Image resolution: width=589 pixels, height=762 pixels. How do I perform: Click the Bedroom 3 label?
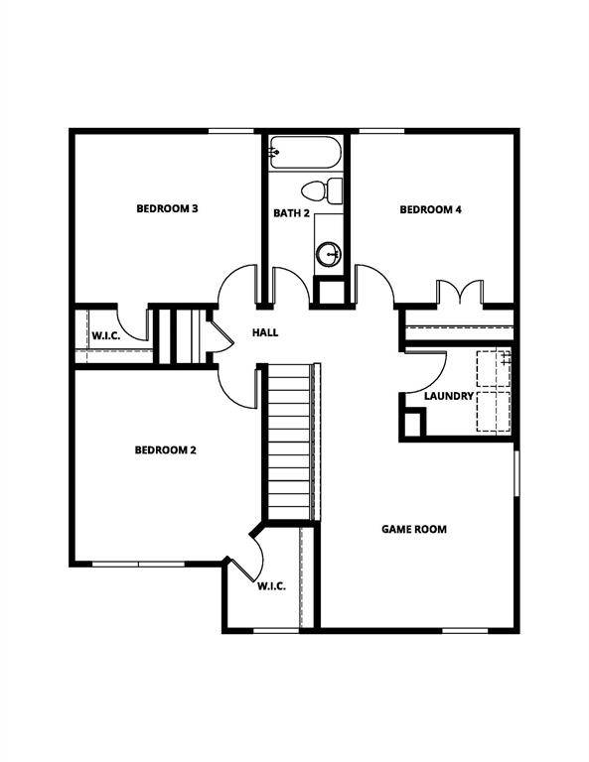pyautogui.click(x=167, y=208)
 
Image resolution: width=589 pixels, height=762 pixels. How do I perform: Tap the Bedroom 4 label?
pyautogui.click(x=430, y=209)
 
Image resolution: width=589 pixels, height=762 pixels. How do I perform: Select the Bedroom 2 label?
pyautogui.click(x=165, y=449)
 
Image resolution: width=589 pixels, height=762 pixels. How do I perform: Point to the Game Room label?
pyautogui.click(x=414, y=529)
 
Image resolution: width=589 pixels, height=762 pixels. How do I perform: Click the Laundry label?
pyautogui.click(x=448, y=396)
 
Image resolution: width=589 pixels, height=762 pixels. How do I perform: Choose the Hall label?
pyautogui.click(x=265, y=332)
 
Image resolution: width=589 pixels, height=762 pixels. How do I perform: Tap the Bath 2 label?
pyautogui.click(x=292, y=213)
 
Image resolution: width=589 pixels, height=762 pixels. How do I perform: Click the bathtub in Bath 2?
pyautogui.click(x=305, y=153)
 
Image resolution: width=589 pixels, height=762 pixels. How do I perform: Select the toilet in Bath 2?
pyautogui.click(x=324, y=190)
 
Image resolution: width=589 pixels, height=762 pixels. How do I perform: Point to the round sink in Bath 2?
pyautogui.click(x=329, y=255)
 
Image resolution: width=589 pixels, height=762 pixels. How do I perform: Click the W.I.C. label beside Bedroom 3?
pyautogui.click(x=106, y=335)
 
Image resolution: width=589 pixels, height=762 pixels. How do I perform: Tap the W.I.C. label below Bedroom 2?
pyautogui.click(x=271, y=585)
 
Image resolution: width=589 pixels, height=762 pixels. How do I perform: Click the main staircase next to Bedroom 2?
pyautogui.click(x=292, y=441)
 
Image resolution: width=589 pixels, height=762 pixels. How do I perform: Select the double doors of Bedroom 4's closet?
pyautogui.click(x=459, y=292)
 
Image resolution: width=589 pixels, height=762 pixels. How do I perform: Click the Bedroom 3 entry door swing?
pyautogui.click(x=238, y=285)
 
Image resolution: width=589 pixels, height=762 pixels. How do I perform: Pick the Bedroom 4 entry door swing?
pyautogui.click(x=374, y=284)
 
